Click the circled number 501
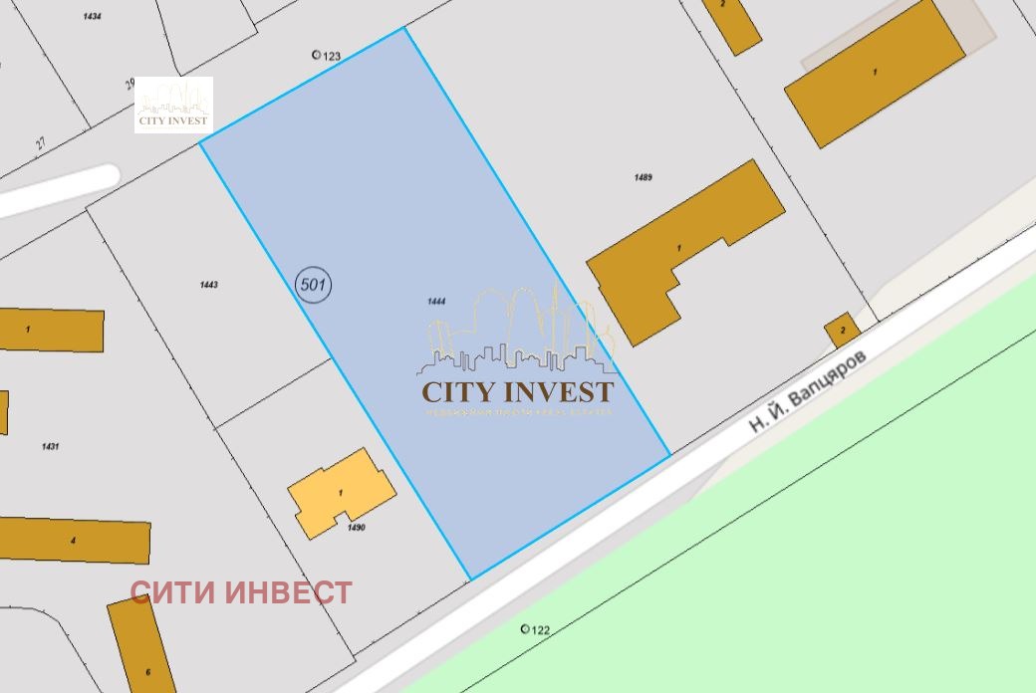(314, 285)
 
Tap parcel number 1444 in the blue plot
(434, 301)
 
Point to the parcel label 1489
(643, 177)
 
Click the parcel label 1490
(357, 528)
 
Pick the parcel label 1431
(50, 446)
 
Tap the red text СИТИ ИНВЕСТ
(241, 593)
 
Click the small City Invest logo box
(173, 105)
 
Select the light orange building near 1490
(342, 492)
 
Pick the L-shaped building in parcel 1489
(683, 249)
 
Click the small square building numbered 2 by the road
(843, 330)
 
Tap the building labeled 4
(74, 540)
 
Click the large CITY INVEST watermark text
(518, 390)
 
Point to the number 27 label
(41, 143)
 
